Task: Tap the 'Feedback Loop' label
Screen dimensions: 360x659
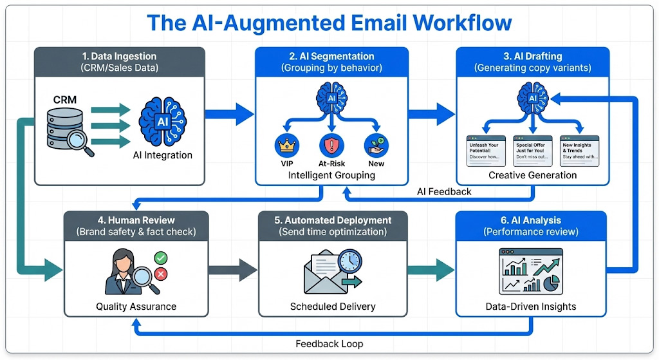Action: click(329, 343)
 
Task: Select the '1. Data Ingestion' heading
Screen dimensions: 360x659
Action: click(119, 57)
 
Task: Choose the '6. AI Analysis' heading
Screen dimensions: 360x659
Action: click(531, 220)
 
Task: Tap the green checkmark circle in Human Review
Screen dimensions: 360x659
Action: click(161, 258)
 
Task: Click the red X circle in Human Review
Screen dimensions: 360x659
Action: click(161, 275)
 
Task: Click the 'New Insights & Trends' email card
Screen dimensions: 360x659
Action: click(579, 151)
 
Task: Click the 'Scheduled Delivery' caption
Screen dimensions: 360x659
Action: click(333, 307)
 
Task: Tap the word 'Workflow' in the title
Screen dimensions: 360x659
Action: click(462, 23)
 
